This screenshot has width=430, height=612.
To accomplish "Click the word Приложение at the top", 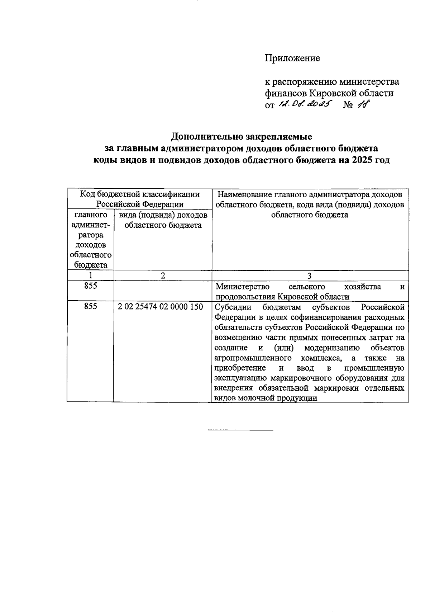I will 292,58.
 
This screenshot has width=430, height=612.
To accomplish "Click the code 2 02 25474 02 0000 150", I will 160,307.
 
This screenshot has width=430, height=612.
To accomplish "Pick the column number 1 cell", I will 90,276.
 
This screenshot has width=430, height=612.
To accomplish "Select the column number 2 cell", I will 163,276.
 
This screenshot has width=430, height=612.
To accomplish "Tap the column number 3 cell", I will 310,276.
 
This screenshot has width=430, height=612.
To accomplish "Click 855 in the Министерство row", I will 90,286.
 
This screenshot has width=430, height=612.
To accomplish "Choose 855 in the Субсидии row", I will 90,307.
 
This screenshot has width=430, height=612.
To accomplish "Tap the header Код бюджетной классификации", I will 139,194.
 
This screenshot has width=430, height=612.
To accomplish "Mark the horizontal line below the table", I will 240,429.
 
